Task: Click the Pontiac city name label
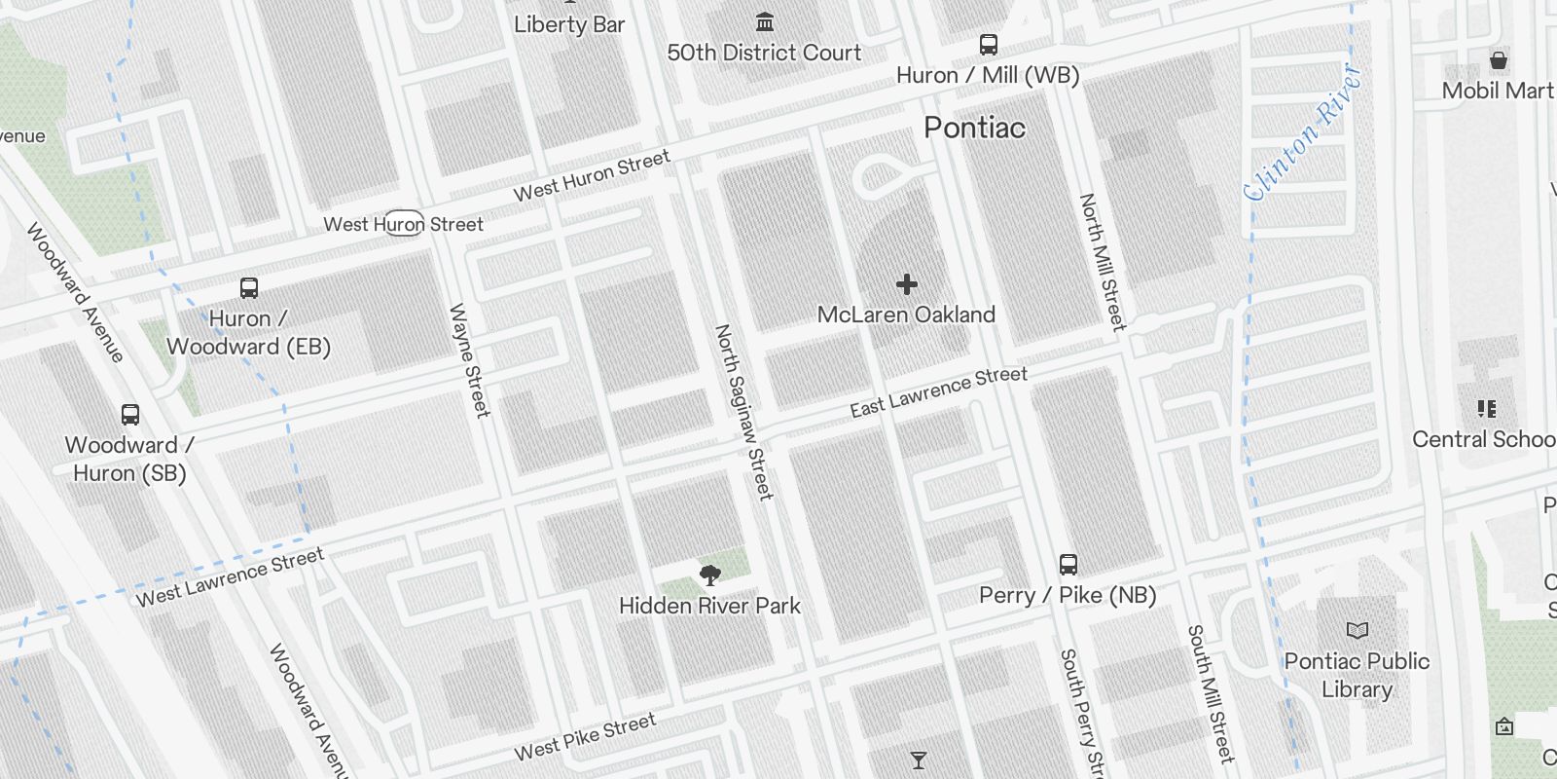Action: coord(974,128)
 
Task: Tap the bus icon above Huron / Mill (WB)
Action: coord(988,45)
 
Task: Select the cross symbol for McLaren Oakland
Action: coord(907,284)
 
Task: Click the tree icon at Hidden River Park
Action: coord(710,575)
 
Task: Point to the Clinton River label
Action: coord(1301,133)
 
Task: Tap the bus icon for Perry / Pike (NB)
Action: coord(1068,565)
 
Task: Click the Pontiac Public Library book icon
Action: coord(1357,631)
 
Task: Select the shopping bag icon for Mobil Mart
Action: coord(1499,61)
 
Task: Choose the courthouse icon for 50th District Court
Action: coord(765,21)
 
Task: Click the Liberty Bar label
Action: coord(569,24)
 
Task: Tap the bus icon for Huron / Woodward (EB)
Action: coord(249,288)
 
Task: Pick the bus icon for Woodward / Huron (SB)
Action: coord(130,415)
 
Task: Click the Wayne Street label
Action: coord(469,360)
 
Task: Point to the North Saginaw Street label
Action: coord(743,412)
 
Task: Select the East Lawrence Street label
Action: coord(938,391)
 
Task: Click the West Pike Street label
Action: coord(585,737)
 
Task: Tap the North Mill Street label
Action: coord(1102,261)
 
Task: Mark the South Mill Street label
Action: coord(1210,693)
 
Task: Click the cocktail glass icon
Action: coord(918,760)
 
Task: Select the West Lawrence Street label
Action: coord(230,577)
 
